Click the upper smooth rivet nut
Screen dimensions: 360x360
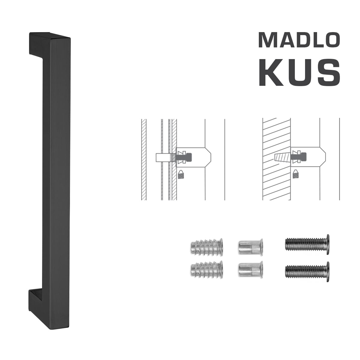click(250, 246)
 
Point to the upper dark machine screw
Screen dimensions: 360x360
click(307, 244)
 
